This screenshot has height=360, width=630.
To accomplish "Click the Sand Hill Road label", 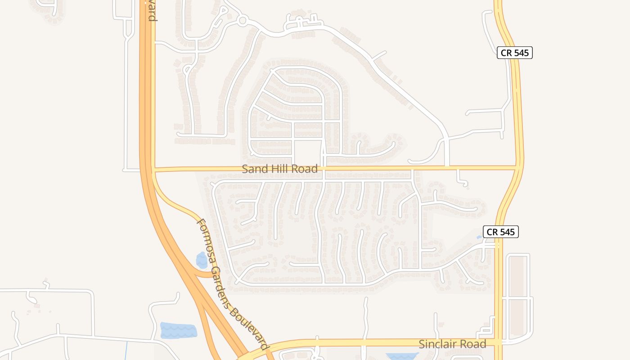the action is tap(279, 169).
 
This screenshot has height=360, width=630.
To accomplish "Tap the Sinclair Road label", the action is tap(452, 344).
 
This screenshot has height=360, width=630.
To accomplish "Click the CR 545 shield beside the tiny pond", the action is tap(501, 232).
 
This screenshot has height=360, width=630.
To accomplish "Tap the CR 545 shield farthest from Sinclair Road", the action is tap(515, 53).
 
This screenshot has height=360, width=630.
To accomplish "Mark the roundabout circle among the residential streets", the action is tap(243, 20).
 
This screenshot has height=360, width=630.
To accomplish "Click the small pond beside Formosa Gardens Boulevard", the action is tap(202, 261).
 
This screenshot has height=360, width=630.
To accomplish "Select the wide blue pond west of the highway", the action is tap(178, 330).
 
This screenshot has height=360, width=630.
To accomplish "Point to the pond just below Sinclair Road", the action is tap(402, 356).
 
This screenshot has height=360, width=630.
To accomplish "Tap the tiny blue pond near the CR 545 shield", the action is tap(480, 237).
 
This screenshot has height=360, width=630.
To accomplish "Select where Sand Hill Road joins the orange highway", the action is tap(152, 170).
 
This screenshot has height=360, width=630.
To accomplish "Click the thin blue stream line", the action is tap(126, 351).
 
